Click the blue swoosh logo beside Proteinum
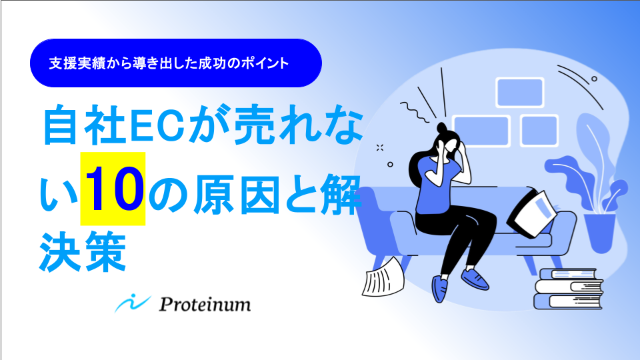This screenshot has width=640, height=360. (x=133, y=303)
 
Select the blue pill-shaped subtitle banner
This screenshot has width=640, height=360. (x=176, y=63)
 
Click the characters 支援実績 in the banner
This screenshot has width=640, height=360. (x=74, y=63)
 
